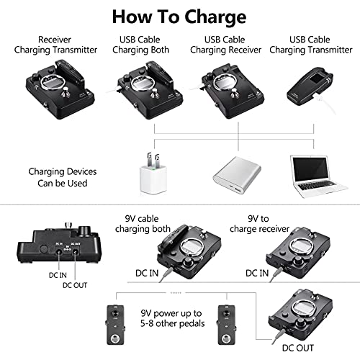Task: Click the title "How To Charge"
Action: [179, 17]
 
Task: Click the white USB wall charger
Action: [153, 174]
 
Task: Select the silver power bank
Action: [237, 175]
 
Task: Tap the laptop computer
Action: [318, 176]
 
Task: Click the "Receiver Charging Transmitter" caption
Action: [55, 45]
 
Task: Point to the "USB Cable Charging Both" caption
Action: [140, 45]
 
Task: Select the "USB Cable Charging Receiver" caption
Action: [225, 45]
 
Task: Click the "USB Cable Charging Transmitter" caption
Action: [311, 45]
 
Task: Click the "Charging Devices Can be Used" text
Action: [63, 177]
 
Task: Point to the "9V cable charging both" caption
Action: [143, 224]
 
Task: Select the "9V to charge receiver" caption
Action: [259, 224]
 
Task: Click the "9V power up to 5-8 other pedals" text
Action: [173, 318]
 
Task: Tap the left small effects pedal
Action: [115, 325]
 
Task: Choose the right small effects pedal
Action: [227, 325]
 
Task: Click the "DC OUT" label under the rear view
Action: [75, 285]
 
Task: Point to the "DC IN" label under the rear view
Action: [58, 275]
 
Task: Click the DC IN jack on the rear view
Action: [59, 252]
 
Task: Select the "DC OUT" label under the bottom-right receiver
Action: [298, 348]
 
